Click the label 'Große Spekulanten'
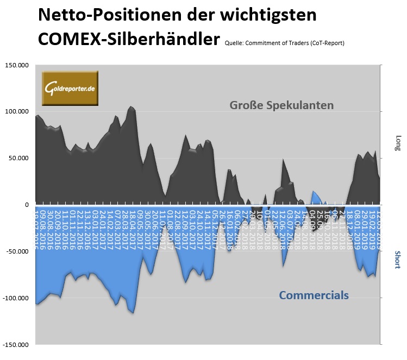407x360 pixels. coord(281,105)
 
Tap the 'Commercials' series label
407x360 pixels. coord(314,295)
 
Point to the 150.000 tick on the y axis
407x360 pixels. coord(17,65)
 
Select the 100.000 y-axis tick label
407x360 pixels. coord(17,112)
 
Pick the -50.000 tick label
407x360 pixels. coord(18,251)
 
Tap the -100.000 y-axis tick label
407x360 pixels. coord(16,298)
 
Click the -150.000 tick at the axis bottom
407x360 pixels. coord(16,345)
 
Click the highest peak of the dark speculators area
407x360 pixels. coord(132,107)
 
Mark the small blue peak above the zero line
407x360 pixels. coord(314,192)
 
